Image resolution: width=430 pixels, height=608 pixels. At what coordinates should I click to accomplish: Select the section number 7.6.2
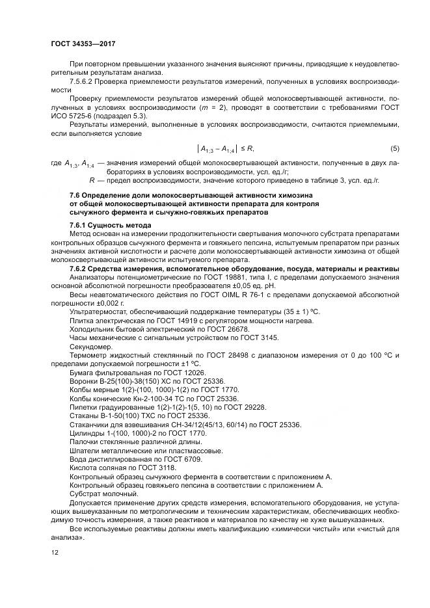81,268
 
